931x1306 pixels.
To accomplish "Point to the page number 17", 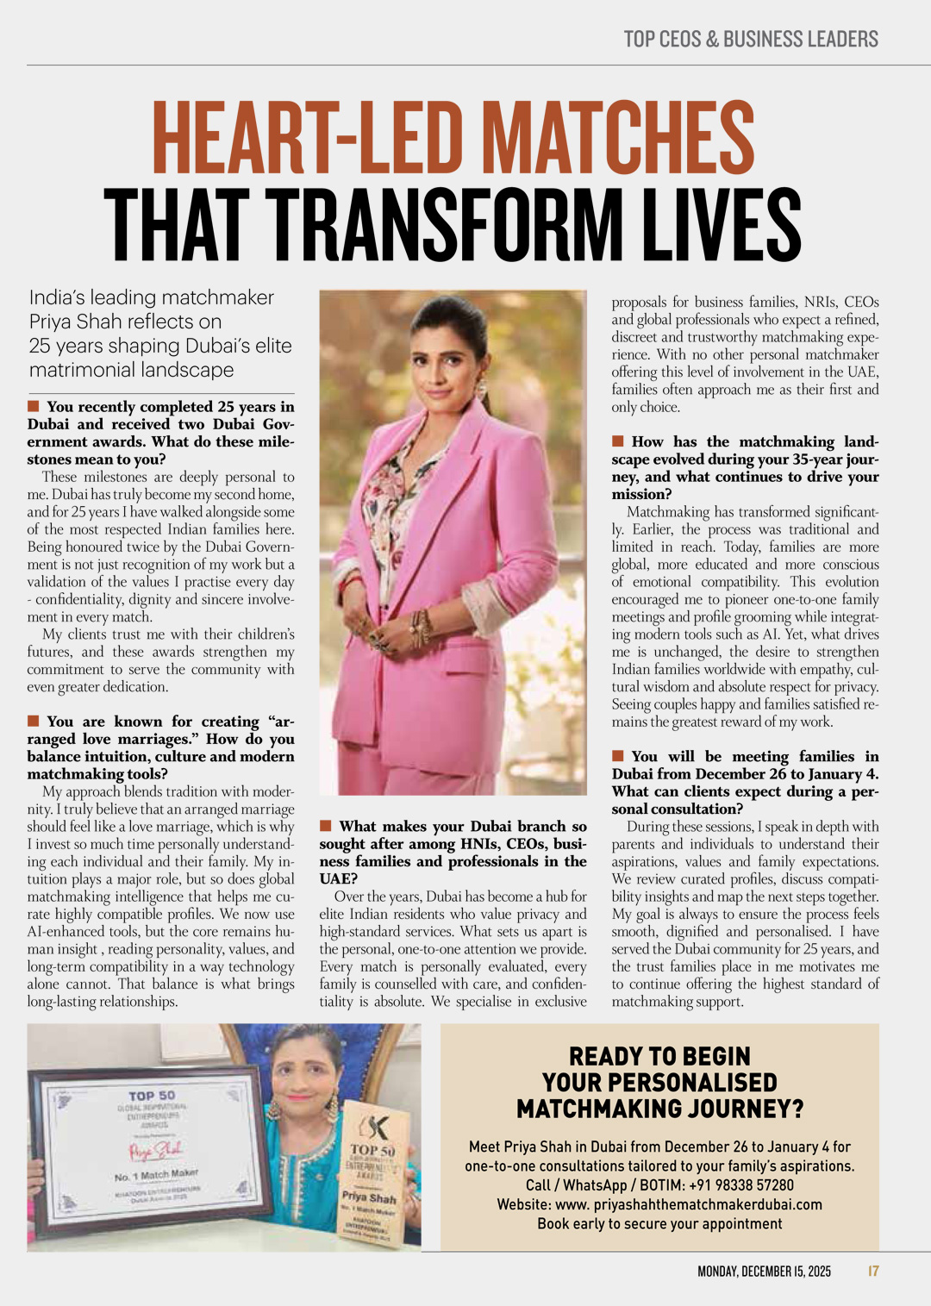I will pyautogui.click(x=873, y=1272).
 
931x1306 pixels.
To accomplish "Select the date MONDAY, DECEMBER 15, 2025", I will pyautogui.click(x=764, y=1272).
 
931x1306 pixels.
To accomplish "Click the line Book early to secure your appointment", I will pyautogui.click(x=659, y=1224).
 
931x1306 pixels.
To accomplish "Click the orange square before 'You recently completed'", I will pyautogui.click(x=34, y=406).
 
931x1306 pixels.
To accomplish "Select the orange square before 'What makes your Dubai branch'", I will pyautogui.click(x=326, y=826).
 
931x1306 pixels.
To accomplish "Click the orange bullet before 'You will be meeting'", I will pyautogui.click(x=618, y=756).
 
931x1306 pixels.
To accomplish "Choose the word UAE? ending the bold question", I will pyautogui.click(x=338, y=878).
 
